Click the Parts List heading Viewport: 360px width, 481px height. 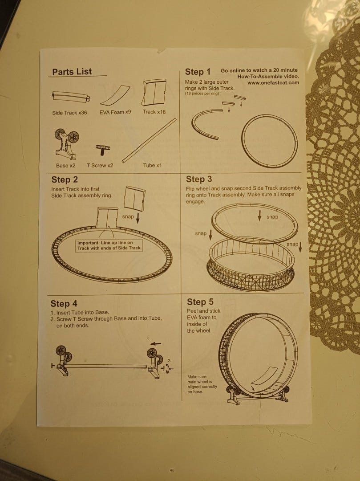coord(72,72)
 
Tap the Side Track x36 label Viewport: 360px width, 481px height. coord(69,113)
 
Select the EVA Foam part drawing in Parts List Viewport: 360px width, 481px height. coord(115,95)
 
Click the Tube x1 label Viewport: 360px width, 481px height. coord(152,165)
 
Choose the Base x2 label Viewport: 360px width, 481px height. coord(65,165)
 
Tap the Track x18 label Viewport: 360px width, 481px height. coord(154,112)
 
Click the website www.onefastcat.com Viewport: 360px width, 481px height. coord(273,82)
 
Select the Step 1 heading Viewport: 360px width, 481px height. coord(198,72)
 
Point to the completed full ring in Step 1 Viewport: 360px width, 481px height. coord(243,141)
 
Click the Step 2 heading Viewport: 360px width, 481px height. coord(65,180)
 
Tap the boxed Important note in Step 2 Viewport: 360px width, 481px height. coord(109,245)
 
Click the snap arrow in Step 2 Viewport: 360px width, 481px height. coord(138,218)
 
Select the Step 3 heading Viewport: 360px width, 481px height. coord(199,179)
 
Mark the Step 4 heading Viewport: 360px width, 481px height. coord(64,304)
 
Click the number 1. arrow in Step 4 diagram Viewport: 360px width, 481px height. coord(156,343)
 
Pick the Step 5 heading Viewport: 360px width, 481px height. coord(200,302)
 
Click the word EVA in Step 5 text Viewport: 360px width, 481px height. coord(192,318)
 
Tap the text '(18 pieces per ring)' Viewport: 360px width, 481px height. coord(202,93)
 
